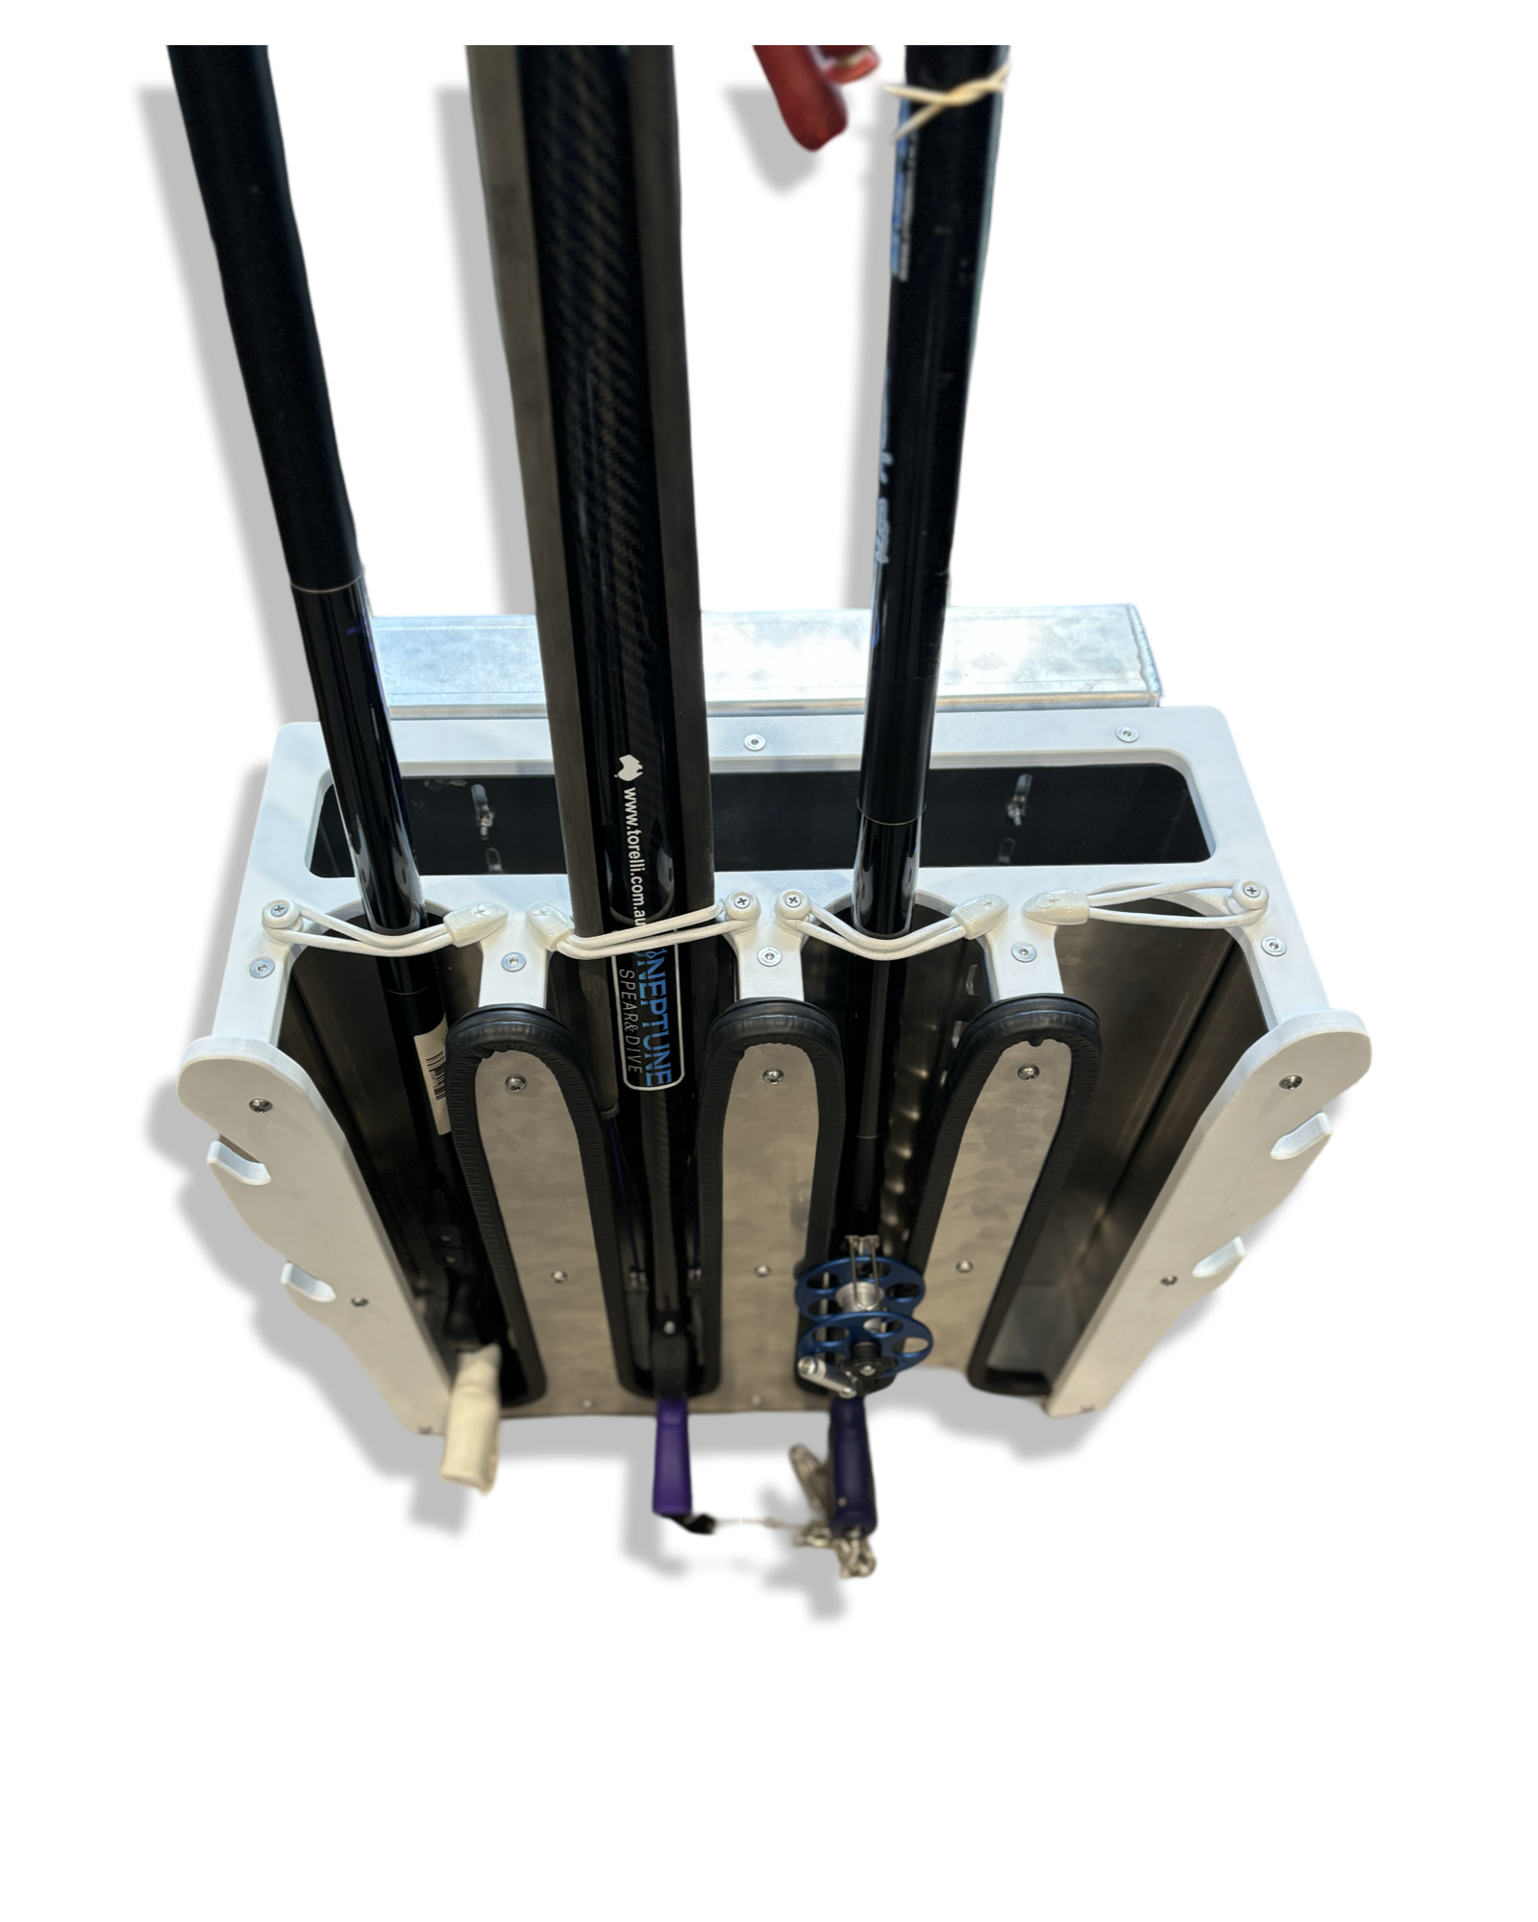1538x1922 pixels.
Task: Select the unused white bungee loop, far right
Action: (1153, 903)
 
